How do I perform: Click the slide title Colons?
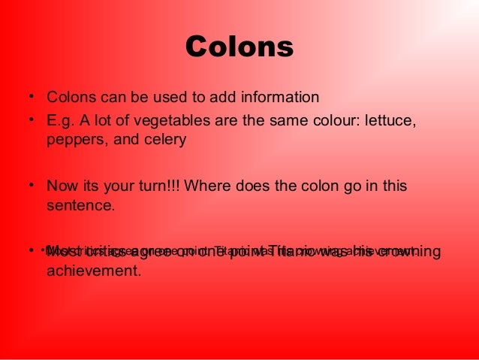239,47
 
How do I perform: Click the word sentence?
80,204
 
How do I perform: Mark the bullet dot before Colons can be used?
32,98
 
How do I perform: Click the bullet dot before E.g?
32,120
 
